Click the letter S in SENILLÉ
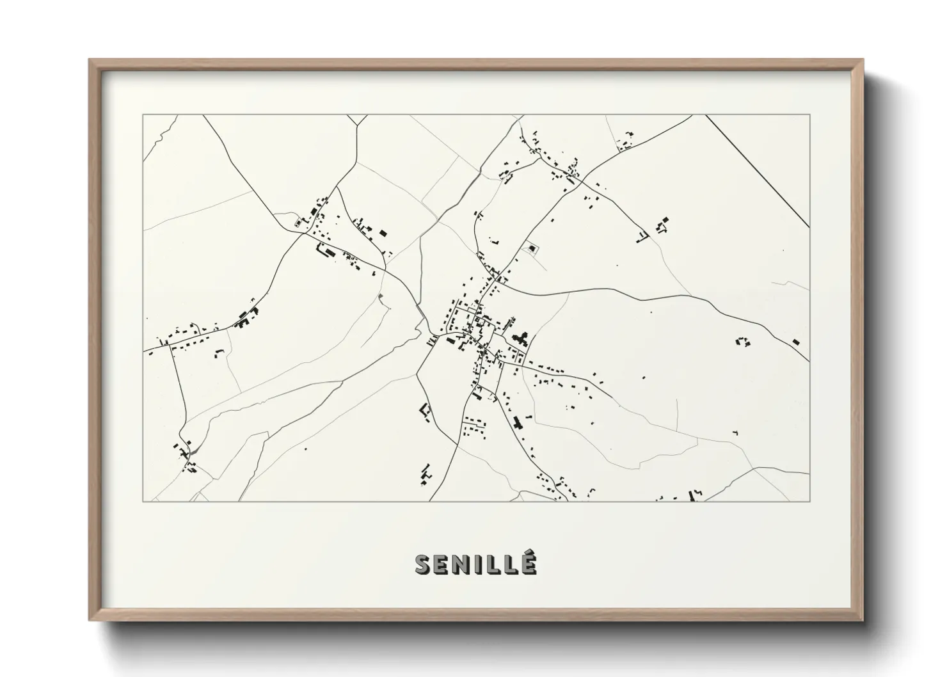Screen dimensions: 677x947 (x=423, y=565)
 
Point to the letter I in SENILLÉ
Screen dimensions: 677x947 (x=480, y=565)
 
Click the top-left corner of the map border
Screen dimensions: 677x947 (x=143, y=115)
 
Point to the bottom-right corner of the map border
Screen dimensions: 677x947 (x=809, y=501)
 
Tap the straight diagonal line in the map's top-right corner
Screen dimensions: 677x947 (x=758, y=170)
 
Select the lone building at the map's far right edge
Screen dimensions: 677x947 (x=795, y=342)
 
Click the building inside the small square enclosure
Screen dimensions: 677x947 (x=531, y=248)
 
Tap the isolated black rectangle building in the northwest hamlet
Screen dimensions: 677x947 (x=383, y=233)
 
